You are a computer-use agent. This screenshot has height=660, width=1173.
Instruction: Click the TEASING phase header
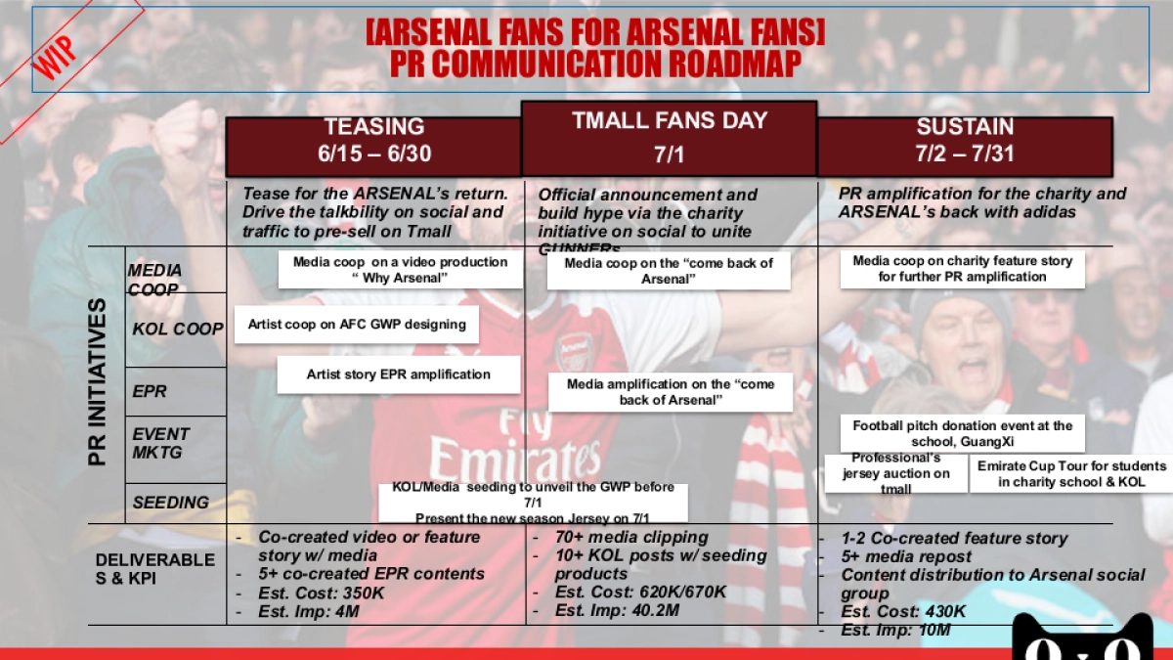point(373,141)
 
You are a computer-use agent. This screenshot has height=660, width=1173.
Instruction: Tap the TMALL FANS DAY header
point(670,138)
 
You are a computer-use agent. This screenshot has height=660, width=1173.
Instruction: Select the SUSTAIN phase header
point(965,141)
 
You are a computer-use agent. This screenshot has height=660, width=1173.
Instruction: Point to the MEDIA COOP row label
point(154,279)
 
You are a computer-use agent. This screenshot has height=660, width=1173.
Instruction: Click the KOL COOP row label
point(178,330)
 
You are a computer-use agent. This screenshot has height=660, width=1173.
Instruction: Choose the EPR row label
point(150,391)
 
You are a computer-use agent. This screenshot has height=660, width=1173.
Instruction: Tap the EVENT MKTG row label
point(161,443)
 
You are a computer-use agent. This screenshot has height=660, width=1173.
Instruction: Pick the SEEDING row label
point(170,503)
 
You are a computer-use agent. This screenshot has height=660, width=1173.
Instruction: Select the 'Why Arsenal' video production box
point(401,270)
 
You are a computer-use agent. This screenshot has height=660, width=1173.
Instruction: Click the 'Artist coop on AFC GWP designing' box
point(357,325)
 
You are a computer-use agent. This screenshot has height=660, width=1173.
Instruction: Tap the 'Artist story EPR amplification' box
point(399,374)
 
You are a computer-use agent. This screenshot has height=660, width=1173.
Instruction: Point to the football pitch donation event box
point(962,433)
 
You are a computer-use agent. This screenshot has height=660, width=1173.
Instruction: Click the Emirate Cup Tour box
point(1071,474)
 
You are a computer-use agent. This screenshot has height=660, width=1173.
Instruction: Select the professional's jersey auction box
point(896,473)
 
